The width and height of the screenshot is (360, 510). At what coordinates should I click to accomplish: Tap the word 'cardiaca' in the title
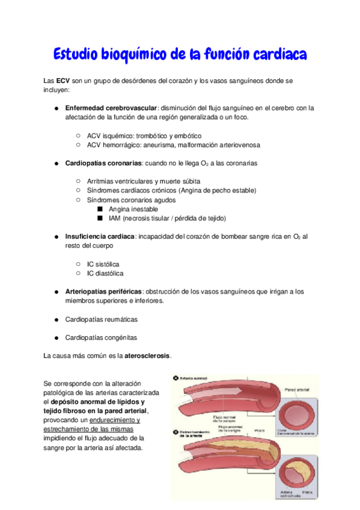(277, 55)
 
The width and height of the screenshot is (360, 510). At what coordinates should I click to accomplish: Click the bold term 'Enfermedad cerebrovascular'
(111, 108)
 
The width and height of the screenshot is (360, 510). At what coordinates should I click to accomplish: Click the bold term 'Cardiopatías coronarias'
(103, 163)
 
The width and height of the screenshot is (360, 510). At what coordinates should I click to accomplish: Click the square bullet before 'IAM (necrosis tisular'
(100, 218)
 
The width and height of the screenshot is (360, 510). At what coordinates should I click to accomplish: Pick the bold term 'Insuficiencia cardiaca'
(100, 236)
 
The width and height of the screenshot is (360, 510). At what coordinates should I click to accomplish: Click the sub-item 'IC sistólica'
(103, 264)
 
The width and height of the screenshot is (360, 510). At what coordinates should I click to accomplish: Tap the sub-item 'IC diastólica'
(105, 273)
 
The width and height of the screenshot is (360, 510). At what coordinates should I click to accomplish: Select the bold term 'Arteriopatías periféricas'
(103, 292)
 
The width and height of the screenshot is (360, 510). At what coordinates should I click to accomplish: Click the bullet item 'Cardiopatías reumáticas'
(100, 319)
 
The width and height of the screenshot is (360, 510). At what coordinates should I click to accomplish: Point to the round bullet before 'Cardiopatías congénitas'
(55, 338)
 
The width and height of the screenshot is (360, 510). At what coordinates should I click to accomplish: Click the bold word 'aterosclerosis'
(147, 356)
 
